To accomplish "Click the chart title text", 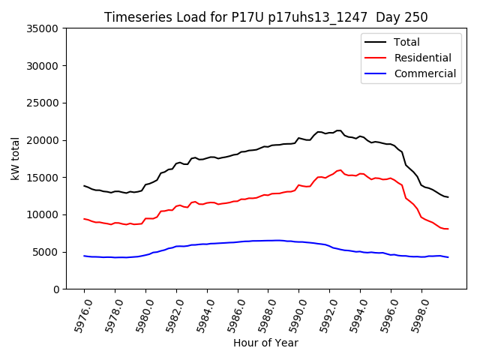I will (x=265, y=17).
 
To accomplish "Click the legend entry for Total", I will (x=406, y=42).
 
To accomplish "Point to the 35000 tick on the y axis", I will (x=43, y=28).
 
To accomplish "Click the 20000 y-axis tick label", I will (x=43, y=140).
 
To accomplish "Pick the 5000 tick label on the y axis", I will (x=46, y=252).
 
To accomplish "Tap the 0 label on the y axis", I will (x=55, y=289).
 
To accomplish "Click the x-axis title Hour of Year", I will (x=265, y=343).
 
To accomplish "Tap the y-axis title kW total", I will (x=15, y=159).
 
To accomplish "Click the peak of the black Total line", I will (x=339, y=130).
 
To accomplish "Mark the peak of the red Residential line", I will (x=340, y=170).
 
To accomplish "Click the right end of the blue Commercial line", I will (x=448, y=257).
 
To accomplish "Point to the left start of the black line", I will (x=84, y=185).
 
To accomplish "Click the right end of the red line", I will (x=448, y=229).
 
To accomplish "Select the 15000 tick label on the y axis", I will (x=43, y=178).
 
